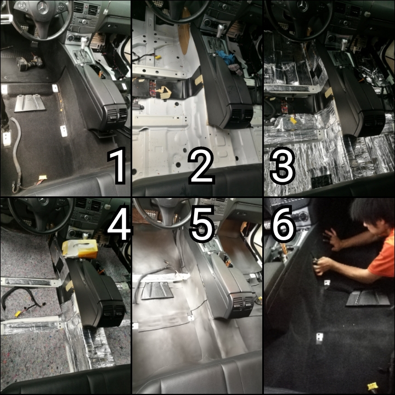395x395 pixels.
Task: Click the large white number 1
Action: [x=117, y=166]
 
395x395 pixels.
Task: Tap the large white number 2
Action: [x=201, y=166]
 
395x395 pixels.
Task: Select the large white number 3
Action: [x=282, y=166]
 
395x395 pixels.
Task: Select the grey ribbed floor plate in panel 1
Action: [x=30, y=103]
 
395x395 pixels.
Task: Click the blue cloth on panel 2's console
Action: [x=224, y=55]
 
